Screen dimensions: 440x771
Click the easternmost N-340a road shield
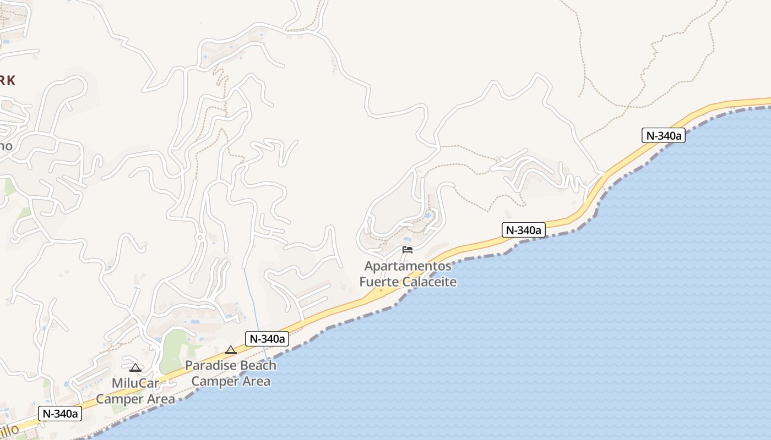[663, 135]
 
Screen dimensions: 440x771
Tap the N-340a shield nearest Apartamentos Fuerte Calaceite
[523, 230]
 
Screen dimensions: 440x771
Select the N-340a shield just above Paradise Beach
[267, 339]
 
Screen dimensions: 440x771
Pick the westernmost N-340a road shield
[59, 414]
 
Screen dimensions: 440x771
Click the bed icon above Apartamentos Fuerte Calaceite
[408, 250]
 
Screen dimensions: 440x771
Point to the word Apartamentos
[408, 267]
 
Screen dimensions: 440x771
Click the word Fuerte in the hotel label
[378, 282]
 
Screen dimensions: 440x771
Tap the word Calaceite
[430, 282]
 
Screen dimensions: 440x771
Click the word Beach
[257, 366]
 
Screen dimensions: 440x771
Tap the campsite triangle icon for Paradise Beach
[231, 350]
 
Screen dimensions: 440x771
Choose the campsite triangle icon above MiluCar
[135, 367]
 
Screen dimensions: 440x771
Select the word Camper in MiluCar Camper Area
[120, 399]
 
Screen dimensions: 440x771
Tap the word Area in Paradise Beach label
[255, 381]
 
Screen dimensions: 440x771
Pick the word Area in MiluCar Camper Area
[160, 399]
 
